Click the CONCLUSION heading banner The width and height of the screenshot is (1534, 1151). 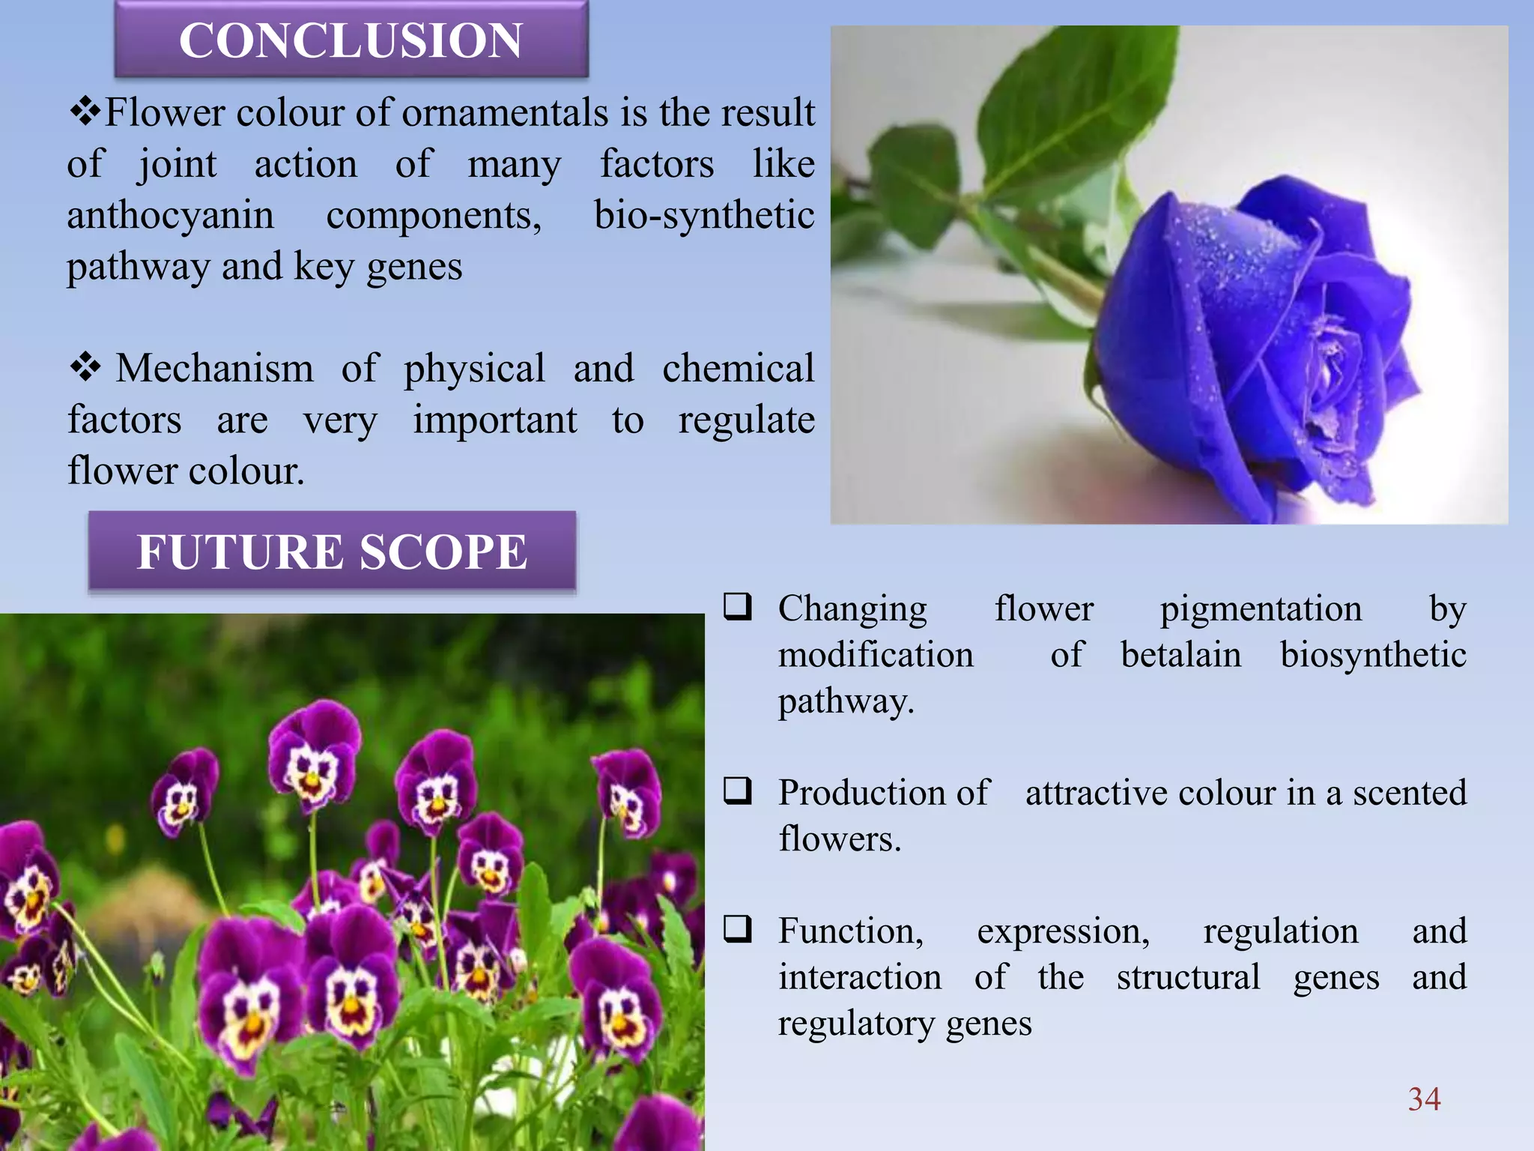pyautogui.click(x=351, y=40)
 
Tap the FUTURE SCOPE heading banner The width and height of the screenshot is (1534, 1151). pyautogui.click(x=332, y=552)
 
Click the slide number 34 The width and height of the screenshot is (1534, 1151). pyautogui.click(x=1424, y=1099)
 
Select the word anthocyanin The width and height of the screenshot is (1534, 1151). pyautogui.click(x=170, y=216)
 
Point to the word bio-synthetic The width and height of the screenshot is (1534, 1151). pyautogui.click(x=703, y=216)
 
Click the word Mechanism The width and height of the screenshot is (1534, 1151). pyautogui.click(x=214, y=369)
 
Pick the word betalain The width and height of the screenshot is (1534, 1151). pyautogui.click(x=1180, y=654)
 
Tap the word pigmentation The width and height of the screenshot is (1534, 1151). pyautogui.click(x=1261, y=608)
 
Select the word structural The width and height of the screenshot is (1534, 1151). pyautogui.click(x=1188, y=977)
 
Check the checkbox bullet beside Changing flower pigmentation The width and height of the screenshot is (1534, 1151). pyautogui.click(x=737, y=606)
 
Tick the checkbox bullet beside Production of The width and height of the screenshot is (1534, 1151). pyautogui.click(x=737, y=791)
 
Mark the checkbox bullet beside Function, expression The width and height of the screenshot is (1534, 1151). pyautogui.click(x=737, y=929)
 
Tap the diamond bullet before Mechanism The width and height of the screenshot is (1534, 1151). pyautogui.click(x=85, y=367)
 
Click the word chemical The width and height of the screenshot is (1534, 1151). pyautogui.click(x=738, y=369)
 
